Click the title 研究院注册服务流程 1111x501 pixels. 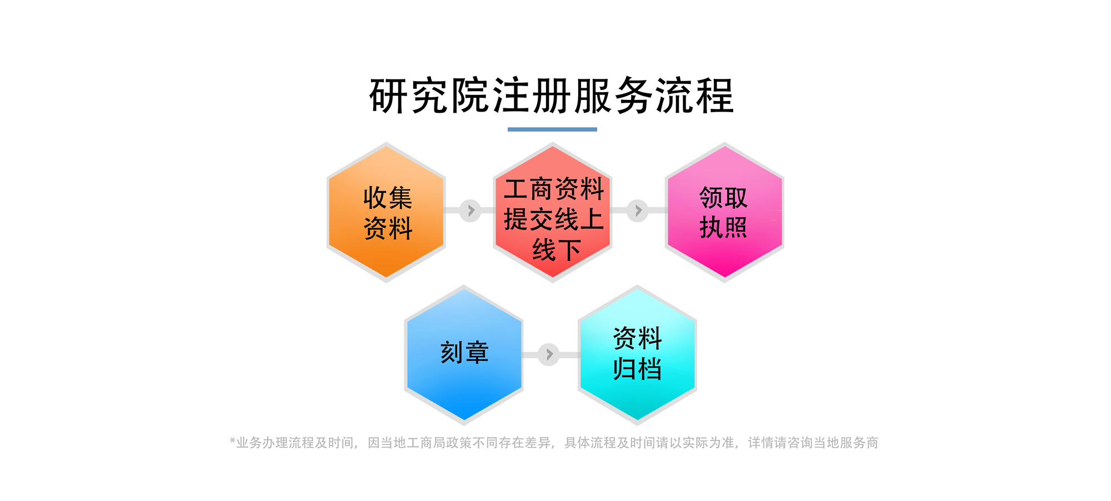(x=552, y=96)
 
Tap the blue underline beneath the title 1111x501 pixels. (x=552, y=129)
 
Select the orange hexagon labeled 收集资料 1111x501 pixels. (x=386, y=212)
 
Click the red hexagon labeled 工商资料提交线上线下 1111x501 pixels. (x=553, y=212)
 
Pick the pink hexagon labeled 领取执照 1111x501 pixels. (x=724, y=212)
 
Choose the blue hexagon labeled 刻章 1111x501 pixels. (x=464, y=355)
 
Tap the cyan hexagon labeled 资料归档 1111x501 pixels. (x=637, y=355)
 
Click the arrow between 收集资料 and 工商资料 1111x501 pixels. (x=471, y=211)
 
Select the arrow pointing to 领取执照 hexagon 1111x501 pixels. (x=638, y=211)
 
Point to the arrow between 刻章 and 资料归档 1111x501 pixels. (x=549, y=354)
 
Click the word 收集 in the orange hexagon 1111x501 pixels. (x=388, y=198)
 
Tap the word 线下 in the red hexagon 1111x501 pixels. (x=557, y=250)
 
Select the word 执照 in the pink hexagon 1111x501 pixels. (x=723, y=228)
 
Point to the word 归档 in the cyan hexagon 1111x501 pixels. (x=637, y=369)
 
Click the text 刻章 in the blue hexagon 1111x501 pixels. (x=464, y=352)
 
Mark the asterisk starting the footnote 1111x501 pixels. (x=233, y=441)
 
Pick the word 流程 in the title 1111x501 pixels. (x=694, y=96)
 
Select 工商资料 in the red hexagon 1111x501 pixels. (x=554, y=189)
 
